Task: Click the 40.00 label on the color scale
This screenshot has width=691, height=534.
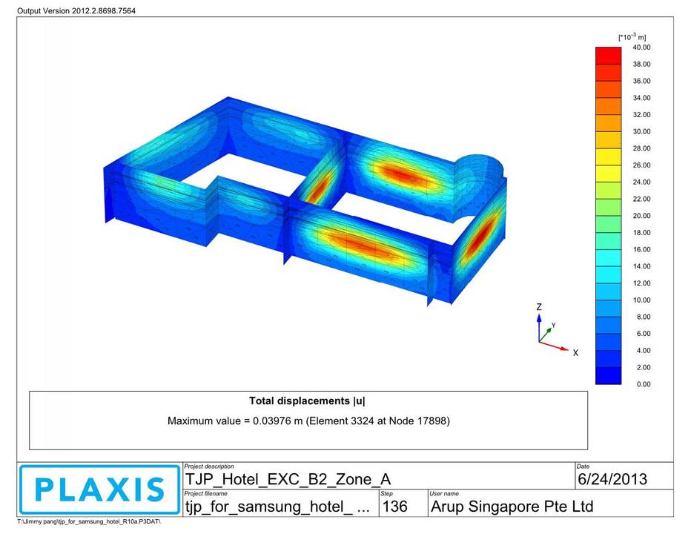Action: pyautogui.click(x=641, y=47)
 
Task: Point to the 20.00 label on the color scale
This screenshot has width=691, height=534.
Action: pyautogui.click(x=641, y=216)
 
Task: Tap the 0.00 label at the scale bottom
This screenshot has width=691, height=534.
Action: pyautogui.click(x=644, y=384)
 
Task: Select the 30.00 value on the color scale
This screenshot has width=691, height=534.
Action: pyautogui.click(x=641, y=131)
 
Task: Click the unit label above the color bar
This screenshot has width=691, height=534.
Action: pyautogui.click(x=632, y=37)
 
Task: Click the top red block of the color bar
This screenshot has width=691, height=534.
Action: pyautogui.click(x=608, y=56)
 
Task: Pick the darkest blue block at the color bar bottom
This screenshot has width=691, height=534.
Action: pyautogui.click(x=608, y=376)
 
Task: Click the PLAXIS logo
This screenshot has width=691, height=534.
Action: pyautogui.click(x=99, y=489)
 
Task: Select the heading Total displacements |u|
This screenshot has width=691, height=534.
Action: pyautogui.click(x=307, y=400)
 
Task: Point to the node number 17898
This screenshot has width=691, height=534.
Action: pyautogui.click(x=432, y=421)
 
